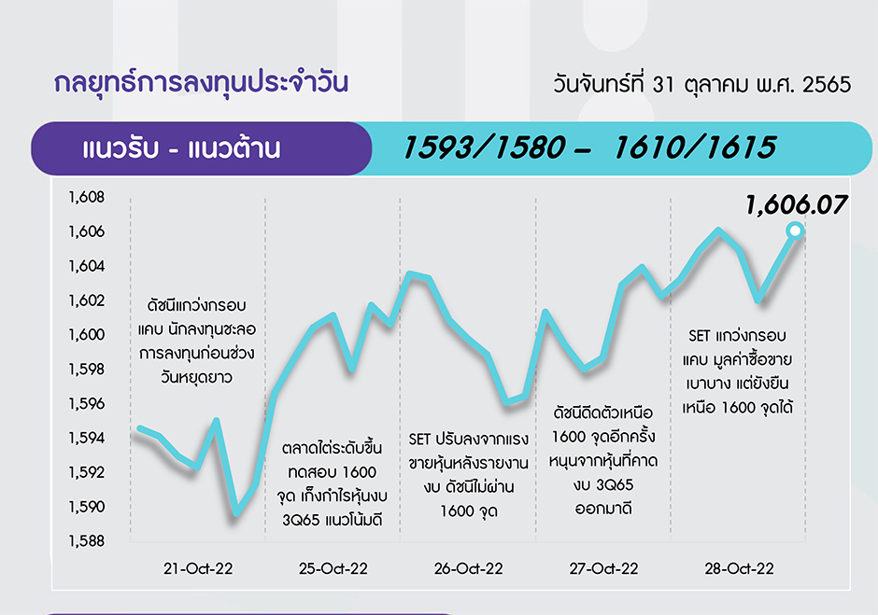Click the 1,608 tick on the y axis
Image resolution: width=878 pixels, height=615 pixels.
[86, 197]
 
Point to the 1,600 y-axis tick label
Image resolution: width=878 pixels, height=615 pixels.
[86, 335]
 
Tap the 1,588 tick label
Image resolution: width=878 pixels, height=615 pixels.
[86, 541]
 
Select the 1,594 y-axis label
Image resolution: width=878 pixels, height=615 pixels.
[86, 438]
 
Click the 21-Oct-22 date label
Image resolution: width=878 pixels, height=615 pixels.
[198, 568]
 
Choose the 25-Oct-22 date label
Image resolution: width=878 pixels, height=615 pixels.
[333, 568]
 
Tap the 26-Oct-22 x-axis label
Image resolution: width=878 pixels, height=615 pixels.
[468, 568]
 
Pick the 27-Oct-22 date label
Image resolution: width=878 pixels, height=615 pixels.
[603, 568]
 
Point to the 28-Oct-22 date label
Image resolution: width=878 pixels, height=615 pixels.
[739, 568]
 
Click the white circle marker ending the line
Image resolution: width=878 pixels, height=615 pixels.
[795, 231]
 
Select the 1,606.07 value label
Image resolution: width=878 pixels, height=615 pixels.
[796, 205]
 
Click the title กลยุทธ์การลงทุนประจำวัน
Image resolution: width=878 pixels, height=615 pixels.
[201, 83]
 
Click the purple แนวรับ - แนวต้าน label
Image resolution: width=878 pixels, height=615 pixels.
[181, 149]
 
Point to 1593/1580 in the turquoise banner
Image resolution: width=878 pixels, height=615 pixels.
[484, 147]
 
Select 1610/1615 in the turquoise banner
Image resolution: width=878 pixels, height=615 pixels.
[695, 147]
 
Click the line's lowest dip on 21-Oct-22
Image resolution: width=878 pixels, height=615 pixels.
[236, 512]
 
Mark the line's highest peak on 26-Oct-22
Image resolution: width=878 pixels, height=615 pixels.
[410, 273]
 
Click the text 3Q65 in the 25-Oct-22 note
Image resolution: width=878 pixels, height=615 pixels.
[301, 521]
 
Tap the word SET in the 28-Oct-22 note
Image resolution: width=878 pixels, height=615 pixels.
[700, 336]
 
